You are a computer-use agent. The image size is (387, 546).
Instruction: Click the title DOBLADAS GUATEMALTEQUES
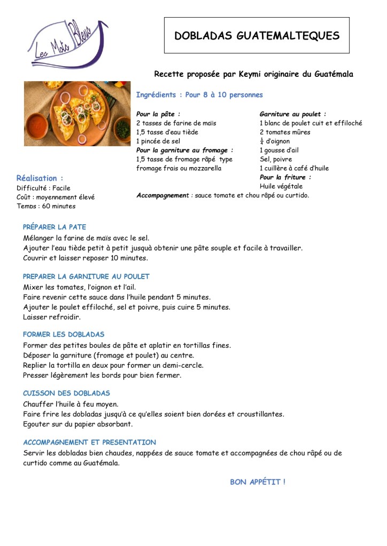[257, 36]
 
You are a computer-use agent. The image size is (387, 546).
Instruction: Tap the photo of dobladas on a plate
[77, 113]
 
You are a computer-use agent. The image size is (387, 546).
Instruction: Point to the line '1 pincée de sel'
[159, 141]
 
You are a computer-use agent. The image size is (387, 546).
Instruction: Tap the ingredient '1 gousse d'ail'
[279, 151]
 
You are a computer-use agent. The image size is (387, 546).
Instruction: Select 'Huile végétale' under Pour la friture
[281, 186]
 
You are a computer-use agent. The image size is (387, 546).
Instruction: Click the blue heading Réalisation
[37, 178]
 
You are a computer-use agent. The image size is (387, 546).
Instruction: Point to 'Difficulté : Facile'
[43, 188]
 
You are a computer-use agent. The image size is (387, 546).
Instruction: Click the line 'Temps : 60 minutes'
[46, 206]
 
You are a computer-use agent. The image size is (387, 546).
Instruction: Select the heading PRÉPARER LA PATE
[55, 227]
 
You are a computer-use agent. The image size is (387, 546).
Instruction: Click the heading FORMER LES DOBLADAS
[64, 335]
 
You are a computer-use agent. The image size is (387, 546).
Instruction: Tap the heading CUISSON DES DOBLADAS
[66, 393]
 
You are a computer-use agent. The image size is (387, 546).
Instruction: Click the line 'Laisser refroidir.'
[52, 316]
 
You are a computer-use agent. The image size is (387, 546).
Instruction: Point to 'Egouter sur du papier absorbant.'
[78, 424]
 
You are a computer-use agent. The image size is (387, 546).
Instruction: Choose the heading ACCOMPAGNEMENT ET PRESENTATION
[89, 442]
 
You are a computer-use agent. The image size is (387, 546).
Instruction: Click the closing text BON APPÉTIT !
[258, 482]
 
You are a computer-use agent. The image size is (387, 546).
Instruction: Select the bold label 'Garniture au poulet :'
[292, 114]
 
